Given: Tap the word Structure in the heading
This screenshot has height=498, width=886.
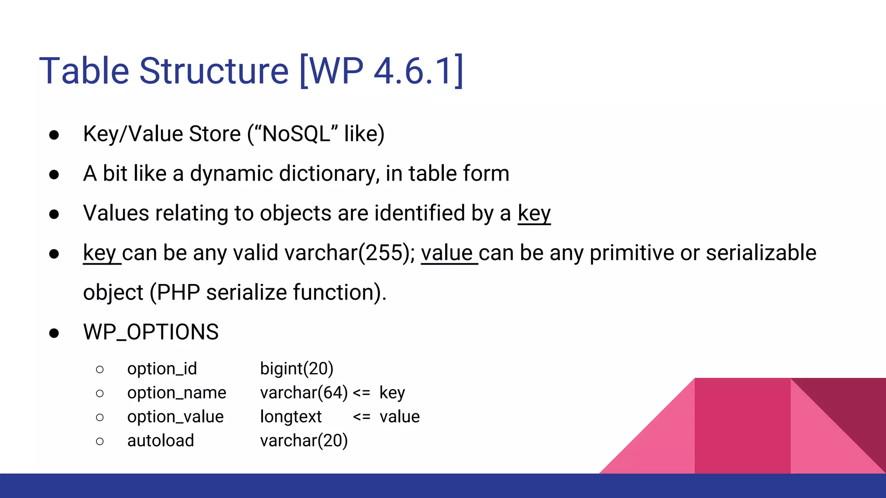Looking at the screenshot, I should coord(214,70).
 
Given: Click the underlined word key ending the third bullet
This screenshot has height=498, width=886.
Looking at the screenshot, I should coord(534,213).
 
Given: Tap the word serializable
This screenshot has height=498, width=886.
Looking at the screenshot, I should coord(761,253).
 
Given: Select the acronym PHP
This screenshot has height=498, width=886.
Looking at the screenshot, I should coord(178,293).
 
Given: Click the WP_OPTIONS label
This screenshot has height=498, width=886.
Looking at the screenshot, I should coord(151,332).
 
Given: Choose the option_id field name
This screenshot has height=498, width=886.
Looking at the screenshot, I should coord(162,369).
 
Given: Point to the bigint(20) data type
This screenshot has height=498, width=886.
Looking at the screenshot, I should coord(297,369).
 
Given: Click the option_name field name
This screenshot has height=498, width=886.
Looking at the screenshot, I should coord(177,393).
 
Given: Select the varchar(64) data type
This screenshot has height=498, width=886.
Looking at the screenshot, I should coord(304,393).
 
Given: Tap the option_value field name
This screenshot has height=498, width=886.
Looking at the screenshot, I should coord(175,417).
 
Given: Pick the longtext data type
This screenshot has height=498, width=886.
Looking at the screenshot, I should coord(291,417).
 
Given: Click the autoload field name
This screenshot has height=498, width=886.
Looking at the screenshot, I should coord(161,441).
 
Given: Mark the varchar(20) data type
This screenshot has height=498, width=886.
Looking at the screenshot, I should coord(304,441).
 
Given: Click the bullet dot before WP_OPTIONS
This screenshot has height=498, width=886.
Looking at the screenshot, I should coord(54,333).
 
